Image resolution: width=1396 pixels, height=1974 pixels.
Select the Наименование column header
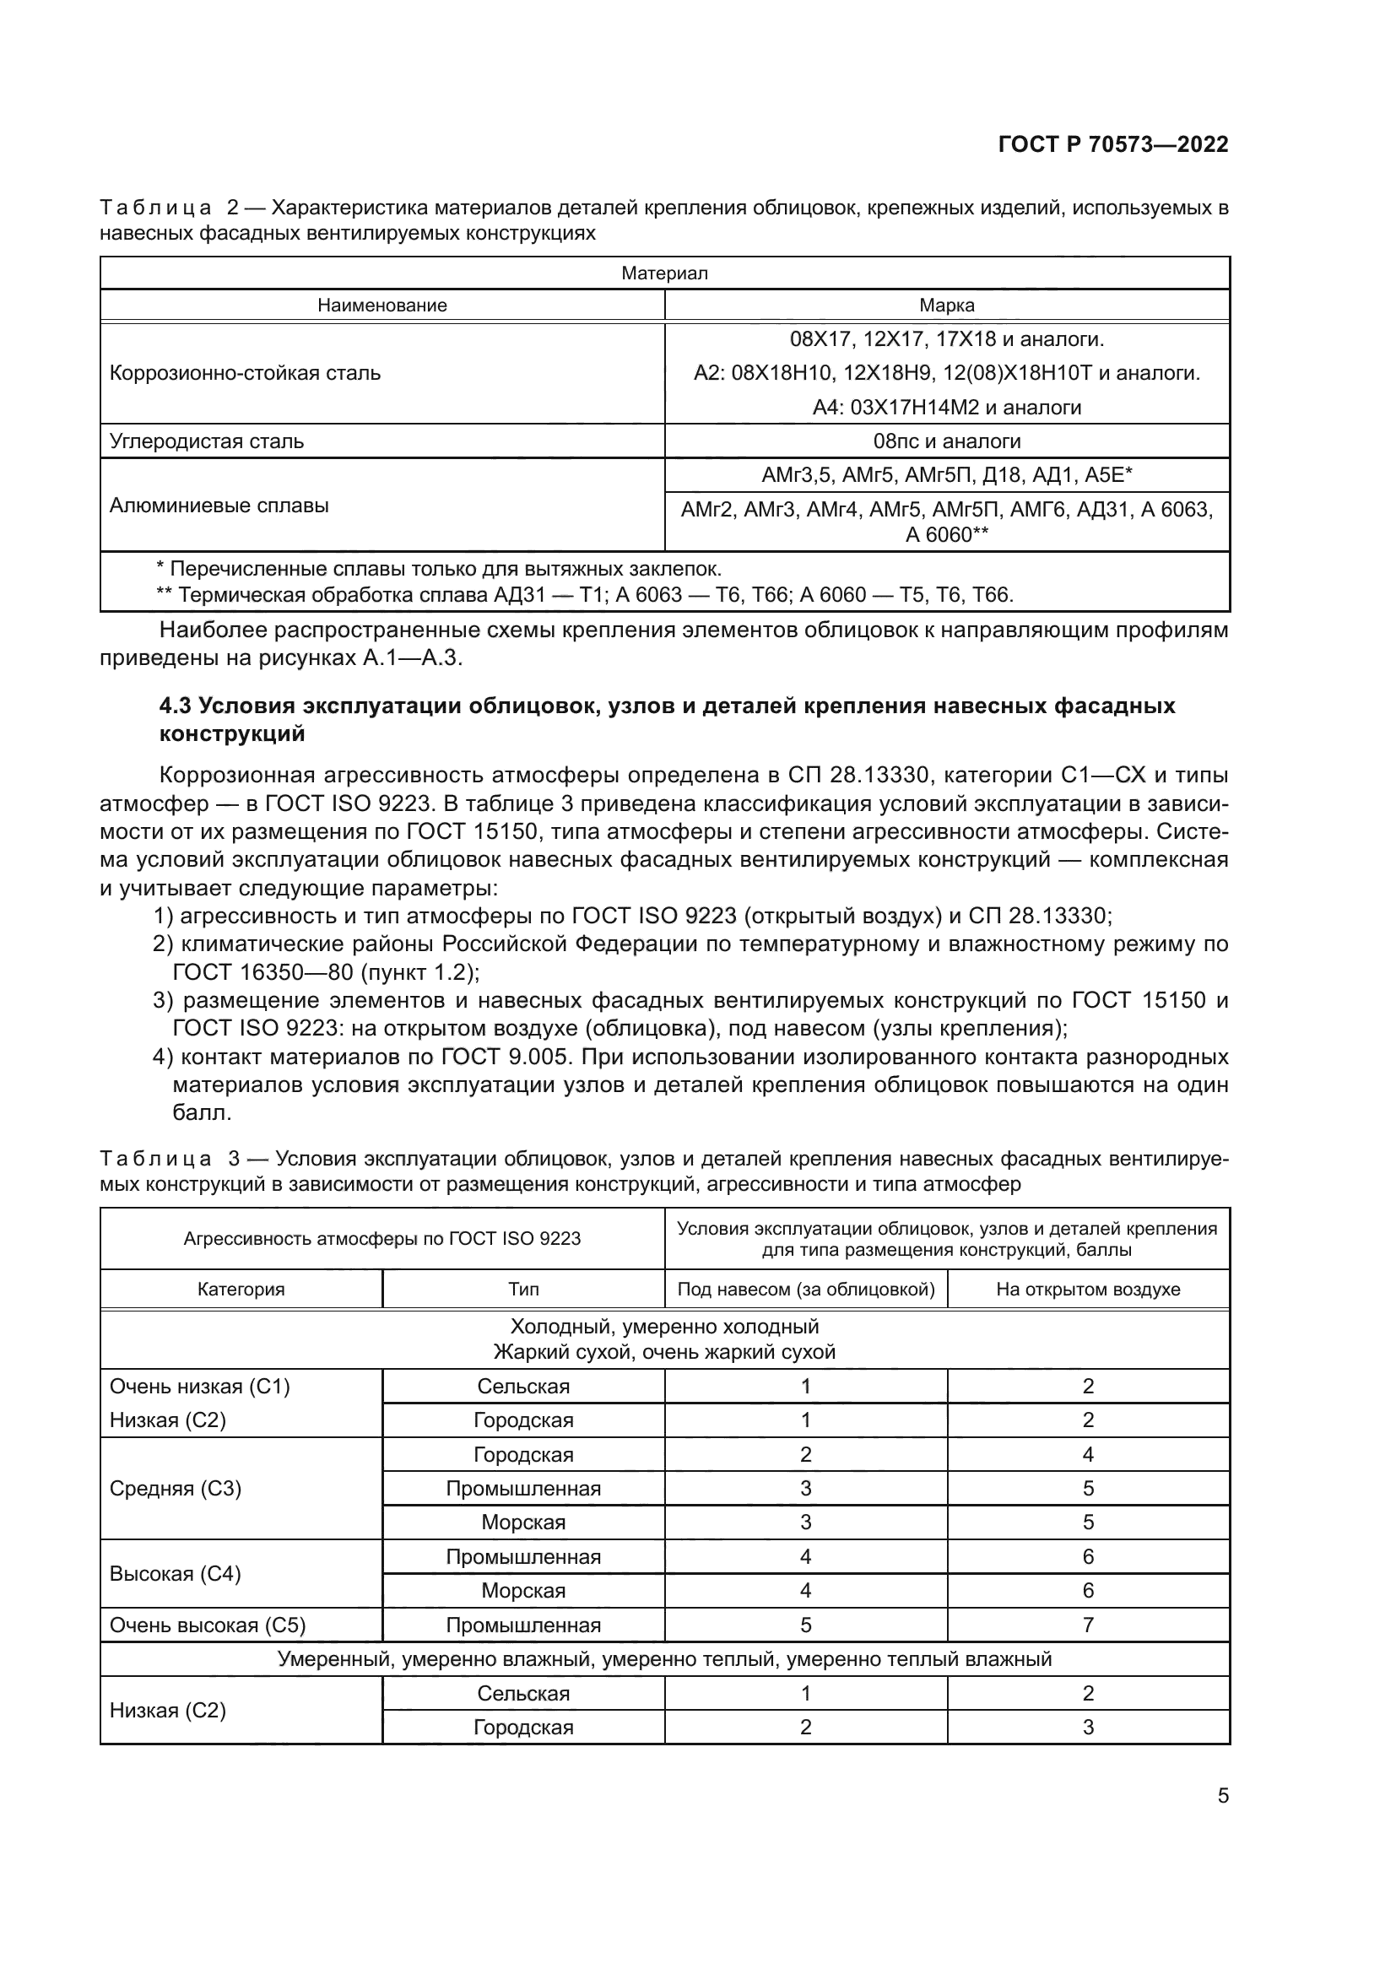[381, 306]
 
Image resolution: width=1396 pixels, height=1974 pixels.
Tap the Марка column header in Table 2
[946, 306]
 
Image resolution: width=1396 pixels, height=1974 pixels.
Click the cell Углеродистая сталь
[206, 441]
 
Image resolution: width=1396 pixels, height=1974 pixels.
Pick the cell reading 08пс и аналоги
[946, 441]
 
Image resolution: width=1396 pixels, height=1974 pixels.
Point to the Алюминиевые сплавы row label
[219, 506]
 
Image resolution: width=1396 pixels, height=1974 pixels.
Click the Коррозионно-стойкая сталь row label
[245, 373]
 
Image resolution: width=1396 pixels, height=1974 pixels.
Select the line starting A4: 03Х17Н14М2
[946, 408]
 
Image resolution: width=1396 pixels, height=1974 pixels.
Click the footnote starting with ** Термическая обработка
[585, 594]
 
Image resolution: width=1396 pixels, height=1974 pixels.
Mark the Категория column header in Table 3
[241, 1289]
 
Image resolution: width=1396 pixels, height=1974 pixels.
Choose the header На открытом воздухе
[1087, 1289]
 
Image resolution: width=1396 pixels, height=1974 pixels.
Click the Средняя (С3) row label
[176, 1488]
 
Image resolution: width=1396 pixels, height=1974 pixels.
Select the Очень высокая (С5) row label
[207, 1625]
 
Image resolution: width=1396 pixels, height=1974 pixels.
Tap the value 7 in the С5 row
[1087, 1625]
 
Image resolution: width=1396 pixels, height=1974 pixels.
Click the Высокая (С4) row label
[176, 1573]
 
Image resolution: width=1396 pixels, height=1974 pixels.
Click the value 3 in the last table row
[1087, 1728]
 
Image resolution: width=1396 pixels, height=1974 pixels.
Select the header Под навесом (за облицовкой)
[805, 1289]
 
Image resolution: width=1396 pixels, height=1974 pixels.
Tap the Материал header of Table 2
[664, 273]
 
